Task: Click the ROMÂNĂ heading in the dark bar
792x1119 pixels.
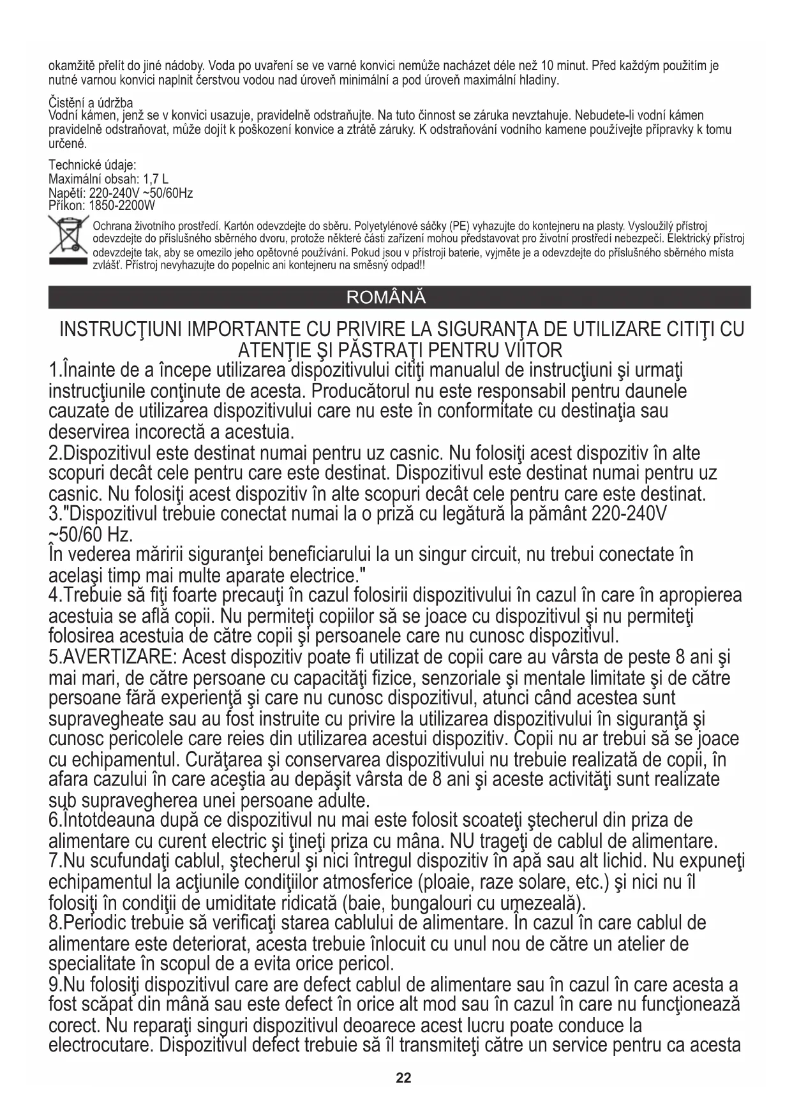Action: pos(385,298)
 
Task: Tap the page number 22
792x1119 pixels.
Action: pos(403,1079)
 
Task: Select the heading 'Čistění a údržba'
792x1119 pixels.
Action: pos(91,103)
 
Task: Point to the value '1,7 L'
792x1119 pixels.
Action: pos(155,179)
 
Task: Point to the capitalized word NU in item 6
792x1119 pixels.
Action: pos(462,840)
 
